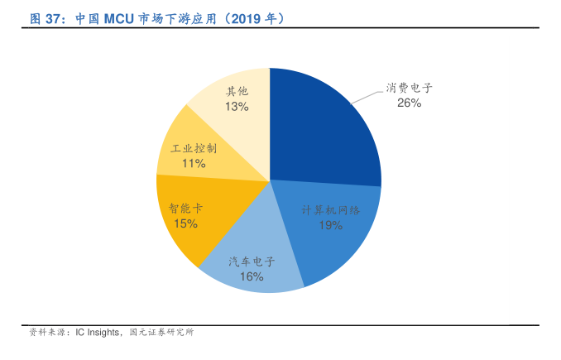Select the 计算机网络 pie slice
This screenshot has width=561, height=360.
coord(339,240)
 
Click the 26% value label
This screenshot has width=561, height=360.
coord(409,103)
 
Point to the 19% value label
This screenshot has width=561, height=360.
coord(331,225)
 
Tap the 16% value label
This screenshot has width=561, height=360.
coord(252,276)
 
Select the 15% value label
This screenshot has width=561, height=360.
coord(185,223)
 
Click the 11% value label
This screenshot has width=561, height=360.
coord(194,164)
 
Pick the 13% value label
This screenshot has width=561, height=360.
coord(237,107)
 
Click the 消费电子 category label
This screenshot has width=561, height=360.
coord(409,88)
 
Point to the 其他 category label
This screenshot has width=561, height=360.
coord(237,92)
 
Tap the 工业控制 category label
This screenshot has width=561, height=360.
coord(194,149)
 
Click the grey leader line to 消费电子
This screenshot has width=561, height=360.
coord(365,96)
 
